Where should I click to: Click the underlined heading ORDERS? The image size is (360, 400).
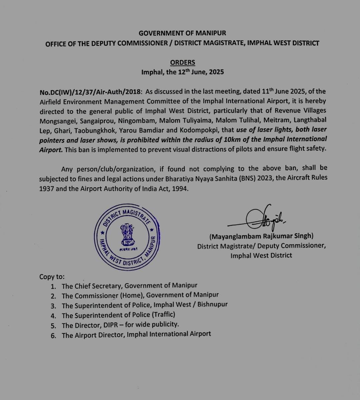182,63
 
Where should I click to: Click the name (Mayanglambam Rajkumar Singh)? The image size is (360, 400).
261,236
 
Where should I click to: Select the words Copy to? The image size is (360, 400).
52,277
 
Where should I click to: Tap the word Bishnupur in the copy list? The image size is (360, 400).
212,305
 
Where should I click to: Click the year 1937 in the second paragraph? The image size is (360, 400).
46,189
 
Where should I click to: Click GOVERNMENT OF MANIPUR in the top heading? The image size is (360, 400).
182,33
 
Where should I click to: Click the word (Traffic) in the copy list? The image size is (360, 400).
163,315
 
